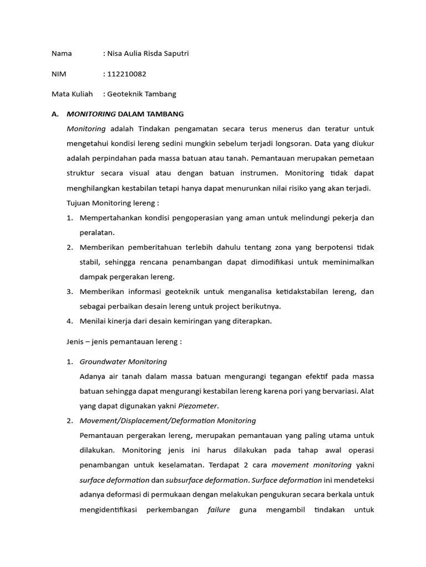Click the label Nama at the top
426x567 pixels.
[x=62, y=54]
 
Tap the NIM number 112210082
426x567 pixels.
[x=127, y=74]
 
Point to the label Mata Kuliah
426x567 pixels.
[x=72, y=94]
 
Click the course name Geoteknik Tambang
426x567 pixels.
[x=141, y=94]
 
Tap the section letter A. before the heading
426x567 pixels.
[x=54, y=114]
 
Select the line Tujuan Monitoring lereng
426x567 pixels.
[x=113, y=203]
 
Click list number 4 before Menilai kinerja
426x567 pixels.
[x=70, y=321]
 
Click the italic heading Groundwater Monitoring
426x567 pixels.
[x=123, y=362]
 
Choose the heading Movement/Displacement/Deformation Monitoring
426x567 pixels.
[x=168, y=421]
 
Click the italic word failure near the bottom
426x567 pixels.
[x=219, y=510]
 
